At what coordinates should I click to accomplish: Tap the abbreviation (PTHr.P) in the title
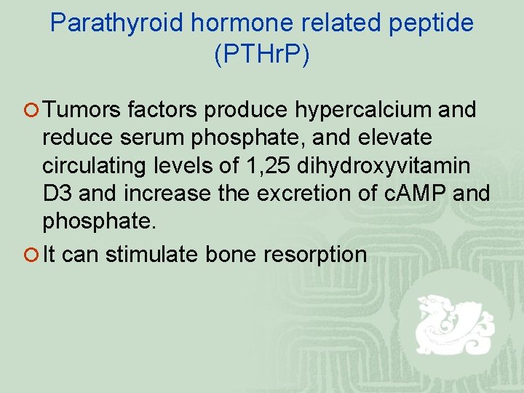click(x=262, y=55)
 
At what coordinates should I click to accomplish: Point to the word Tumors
click(x=82, y=110)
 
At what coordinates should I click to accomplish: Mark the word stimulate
click(x=152, y=254)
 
